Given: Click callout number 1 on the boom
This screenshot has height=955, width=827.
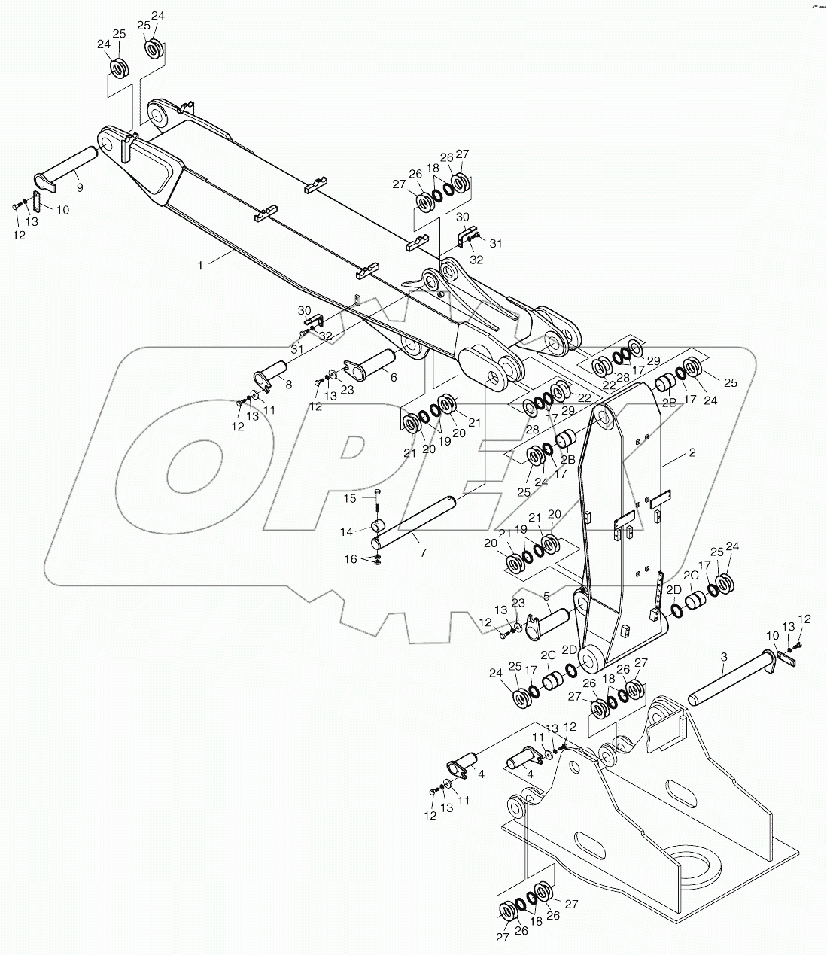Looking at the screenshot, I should coord(200,265).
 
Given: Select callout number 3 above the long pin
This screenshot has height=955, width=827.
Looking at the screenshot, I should coord(724,657).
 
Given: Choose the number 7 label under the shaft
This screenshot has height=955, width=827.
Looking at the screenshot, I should coord(423,552).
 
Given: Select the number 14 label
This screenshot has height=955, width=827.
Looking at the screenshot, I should coord(347,531).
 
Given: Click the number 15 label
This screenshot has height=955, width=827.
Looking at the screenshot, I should coord(350,498).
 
